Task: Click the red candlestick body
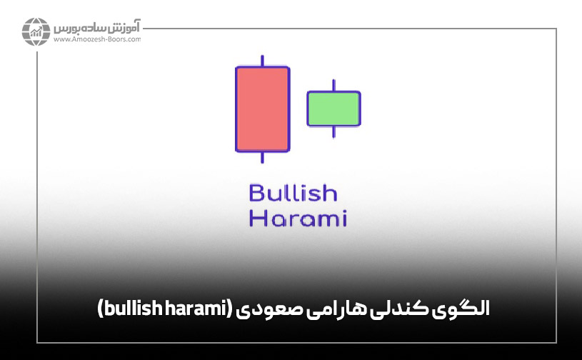263,109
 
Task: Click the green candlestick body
333,109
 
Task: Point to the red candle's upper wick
263,60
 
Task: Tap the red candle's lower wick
263,158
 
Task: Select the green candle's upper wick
333,85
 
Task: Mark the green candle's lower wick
333,131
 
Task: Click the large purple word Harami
297,219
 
